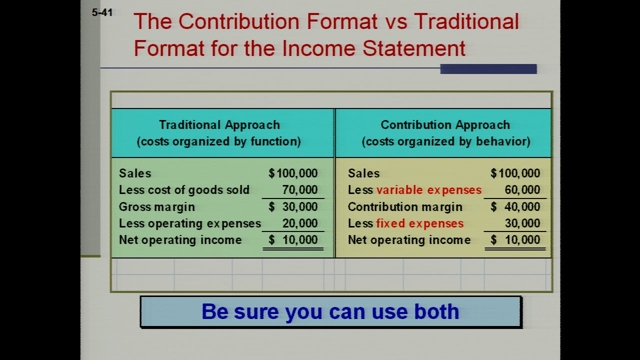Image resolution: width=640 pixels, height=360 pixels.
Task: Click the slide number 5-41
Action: point(102,12)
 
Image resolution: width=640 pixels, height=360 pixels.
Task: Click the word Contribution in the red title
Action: point(239,21)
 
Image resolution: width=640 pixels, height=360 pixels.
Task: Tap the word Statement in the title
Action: point(414,48)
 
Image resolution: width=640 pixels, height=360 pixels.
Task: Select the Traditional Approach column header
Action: point(219,125)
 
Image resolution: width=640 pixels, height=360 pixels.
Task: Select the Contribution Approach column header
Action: point(445,125)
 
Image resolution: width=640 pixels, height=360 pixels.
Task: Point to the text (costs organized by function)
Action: point(219,141)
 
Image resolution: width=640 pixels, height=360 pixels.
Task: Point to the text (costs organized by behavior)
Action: point(446,141)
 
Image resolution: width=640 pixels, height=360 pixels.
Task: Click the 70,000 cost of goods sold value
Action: point(299,189)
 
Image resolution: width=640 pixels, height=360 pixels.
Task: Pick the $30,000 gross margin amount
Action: point(293,206)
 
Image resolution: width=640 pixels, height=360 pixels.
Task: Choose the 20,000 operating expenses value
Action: point(300,223)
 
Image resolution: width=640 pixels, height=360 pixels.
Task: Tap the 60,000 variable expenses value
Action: point(522,189)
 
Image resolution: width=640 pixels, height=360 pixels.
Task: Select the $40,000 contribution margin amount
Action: point(515,206)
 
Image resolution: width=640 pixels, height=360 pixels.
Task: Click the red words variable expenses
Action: point(429,190)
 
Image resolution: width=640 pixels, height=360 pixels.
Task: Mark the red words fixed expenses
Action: point(419,223)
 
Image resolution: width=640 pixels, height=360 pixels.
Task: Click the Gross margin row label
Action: point(157,207)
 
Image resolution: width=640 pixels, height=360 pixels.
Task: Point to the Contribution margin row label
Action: point(405,207)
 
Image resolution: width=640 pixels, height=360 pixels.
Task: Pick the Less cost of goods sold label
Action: point(184,190)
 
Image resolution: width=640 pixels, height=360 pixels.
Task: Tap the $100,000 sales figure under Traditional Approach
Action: point(293,173)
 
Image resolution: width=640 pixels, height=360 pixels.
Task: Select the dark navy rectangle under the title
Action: point(488,69)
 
